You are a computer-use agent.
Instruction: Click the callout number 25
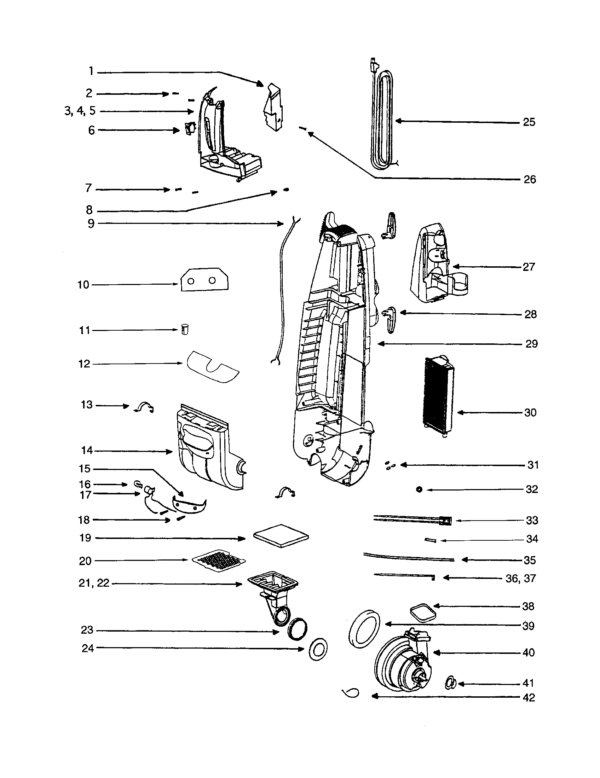pos(529,122)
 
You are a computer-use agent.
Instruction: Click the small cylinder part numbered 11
pos(185,329)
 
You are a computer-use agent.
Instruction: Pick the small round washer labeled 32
pos(419,490)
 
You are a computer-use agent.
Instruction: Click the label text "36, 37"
pos(520,578)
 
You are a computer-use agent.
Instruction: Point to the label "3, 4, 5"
pos(80,111)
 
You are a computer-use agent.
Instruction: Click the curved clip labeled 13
pos(144,406)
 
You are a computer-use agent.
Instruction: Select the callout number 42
pos(529,697)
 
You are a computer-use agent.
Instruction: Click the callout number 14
pos(87,451)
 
